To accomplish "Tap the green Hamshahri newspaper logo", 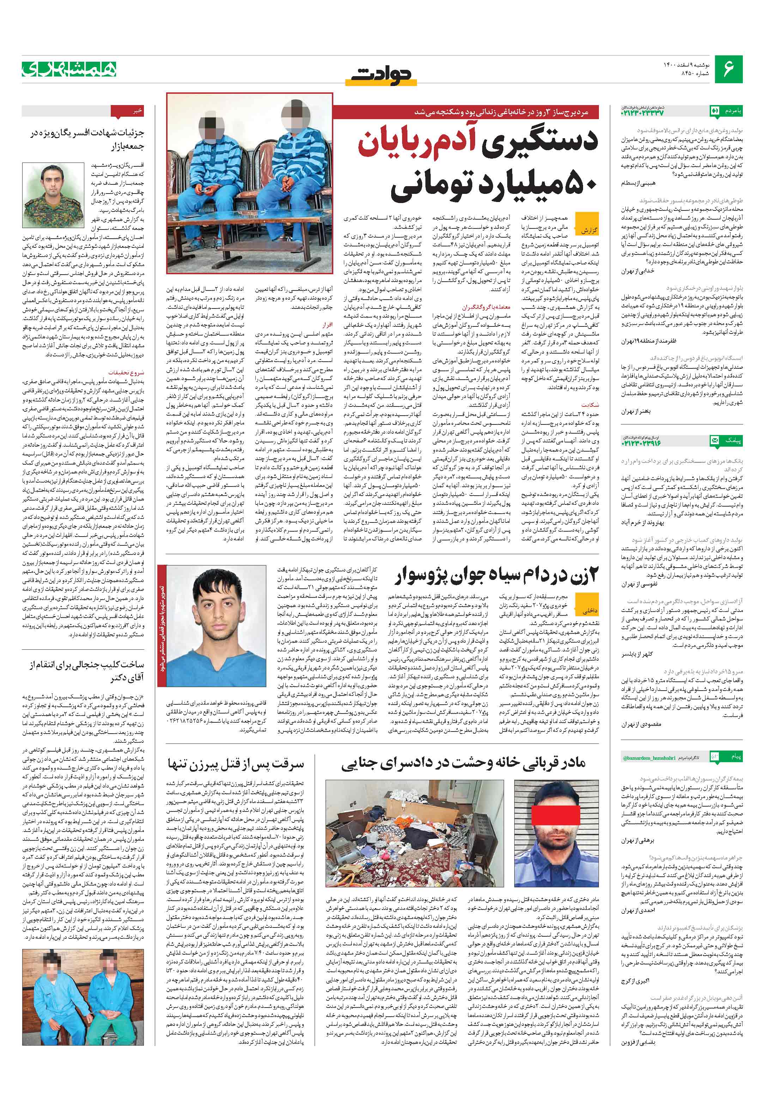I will pyautogui.click(x=68, y=69).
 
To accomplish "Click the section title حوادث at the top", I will pyautogui.click(x=382, y=74).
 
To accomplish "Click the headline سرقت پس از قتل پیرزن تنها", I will pyautogui.click(x=236, y=764).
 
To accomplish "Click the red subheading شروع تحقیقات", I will pyautogui.click(x=126, y=373).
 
